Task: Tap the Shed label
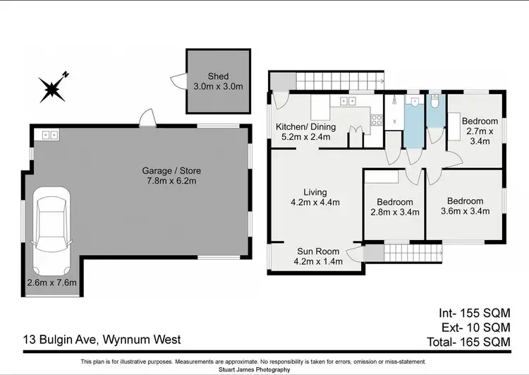coord(218,76)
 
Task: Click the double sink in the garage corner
coord(49,133)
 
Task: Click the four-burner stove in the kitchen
coord(377,120)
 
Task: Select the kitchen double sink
coord(347,102)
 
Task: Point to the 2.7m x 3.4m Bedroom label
coord(480,131)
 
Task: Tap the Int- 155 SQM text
coord(475,312)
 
